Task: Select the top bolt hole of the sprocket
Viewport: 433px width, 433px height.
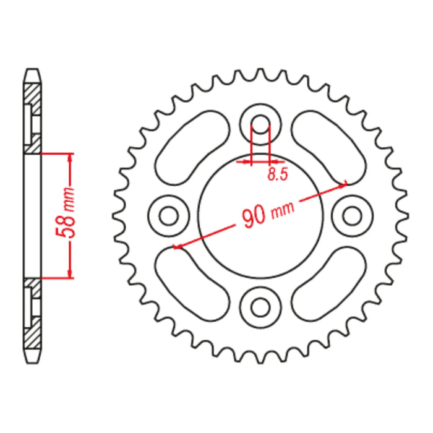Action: coord(260,121)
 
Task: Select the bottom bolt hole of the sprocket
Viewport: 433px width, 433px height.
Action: coord(260,306)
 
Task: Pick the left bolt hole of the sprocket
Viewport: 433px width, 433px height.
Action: coord(168,215)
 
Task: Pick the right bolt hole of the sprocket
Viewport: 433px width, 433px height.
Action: coord(353,215)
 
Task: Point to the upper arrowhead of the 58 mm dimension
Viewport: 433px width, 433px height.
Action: coord(70,156)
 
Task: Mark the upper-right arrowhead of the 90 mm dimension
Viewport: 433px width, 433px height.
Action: coord(344,182)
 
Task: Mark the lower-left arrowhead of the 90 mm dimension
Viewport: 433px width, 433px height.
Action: coord(176,247)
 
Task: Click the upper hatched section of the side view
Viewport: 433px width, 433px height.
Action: coord(33,111)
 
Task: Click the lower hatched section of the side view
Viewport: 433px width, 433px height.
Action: coord(33,319)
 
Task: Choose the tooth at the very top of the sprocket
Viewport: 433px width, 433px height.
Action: coord(260,72)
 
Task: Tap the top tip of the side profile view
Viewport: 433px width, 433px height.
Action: coord(33,70)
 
